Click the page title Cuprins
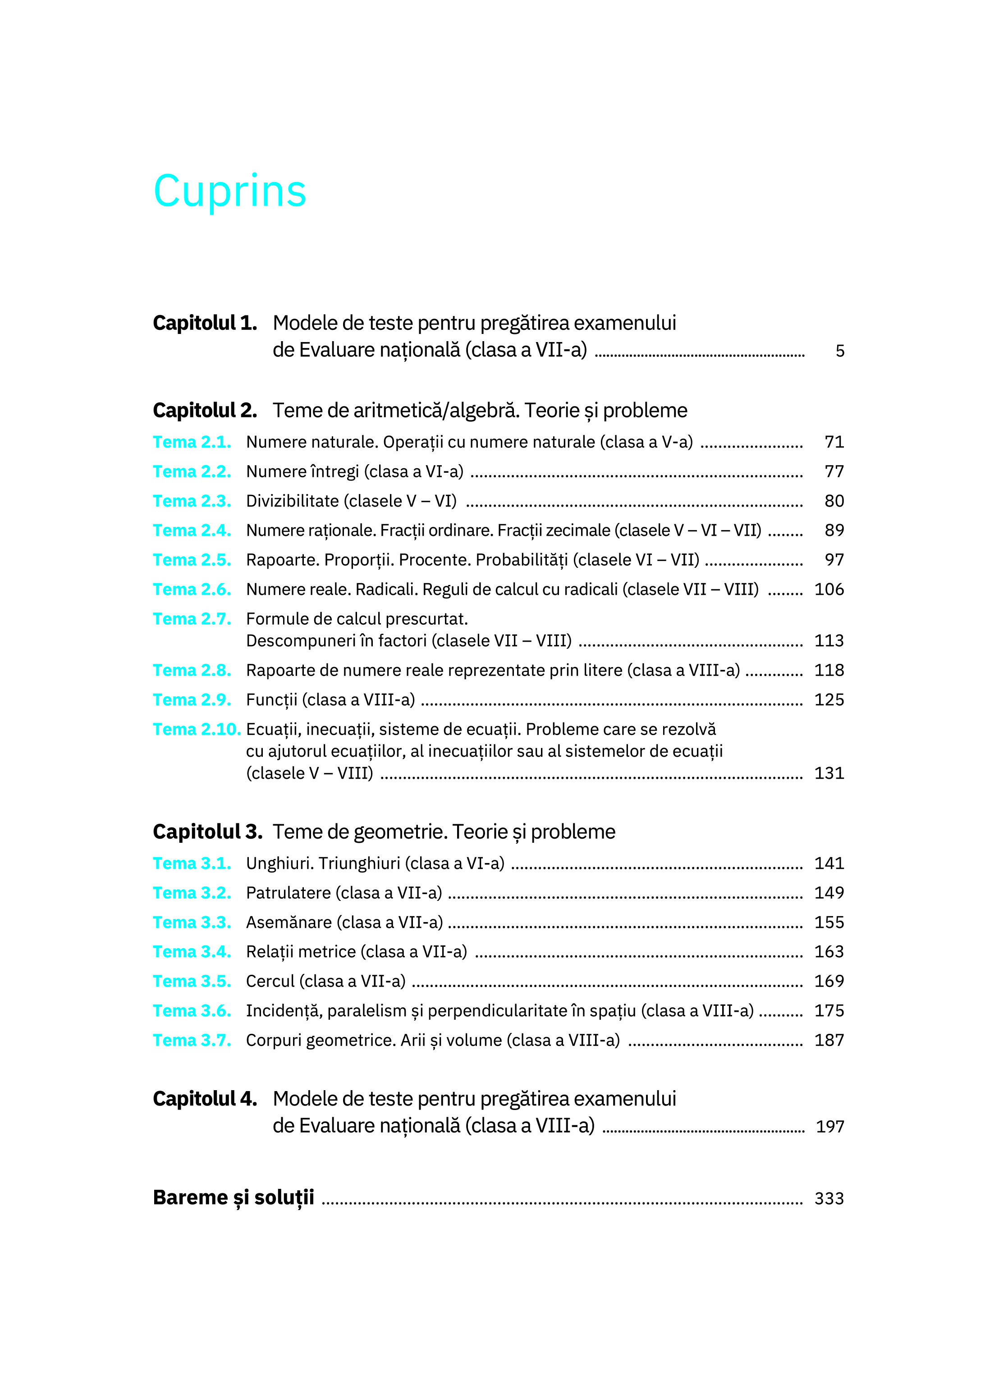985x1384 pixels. pyautogui.click(x=230, y=191)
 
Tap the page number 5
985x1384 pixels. pyautogui.click(x=839, y=351)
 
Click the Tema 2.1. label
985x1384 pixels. pyautogui.click(x=192, y=442)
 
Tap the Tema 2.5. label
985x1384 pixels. pyautogui.click(x=192, y=560)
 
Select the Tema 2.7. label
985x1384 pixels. pyautogui.click(x=192, y=619)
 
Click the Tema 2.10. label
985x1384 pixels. pyautogui.click(x=197, y=729)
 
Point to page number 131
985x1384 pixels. pyautogui.click(x=829, y=773)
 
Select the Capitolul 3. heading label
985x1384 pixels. pyautogui.click(x=207, y=832)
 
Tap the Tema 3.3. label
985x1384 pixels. pyautogui.click(x=192, y=922)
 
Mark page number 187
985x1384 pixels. pyautogui.click(x=829, y=1040)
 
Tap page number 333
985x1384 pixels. pyautogui.click(x=829, y=1198)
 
